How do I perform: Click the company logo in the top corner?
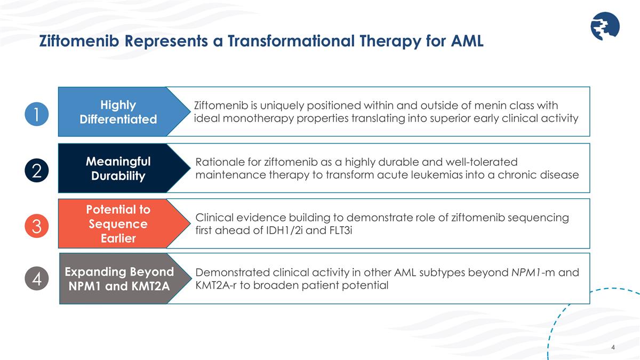605,26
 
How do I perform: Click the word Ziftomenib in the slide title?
79,41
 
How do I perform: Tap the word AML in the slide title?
467,41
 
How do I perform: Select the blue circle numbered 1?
37,114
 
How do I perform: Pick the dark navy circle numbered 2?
37,171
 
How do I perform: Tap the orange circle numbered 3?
37,226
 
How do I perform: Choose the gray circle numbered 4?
37,278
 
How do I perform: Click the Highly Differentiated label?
118,112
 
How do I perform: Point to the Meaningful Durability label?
118,169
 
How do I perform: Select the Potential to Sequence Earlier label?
118,223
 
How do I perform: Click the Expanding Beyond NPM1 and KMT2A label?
119,279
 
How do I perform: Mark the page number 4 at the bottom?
613,347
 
